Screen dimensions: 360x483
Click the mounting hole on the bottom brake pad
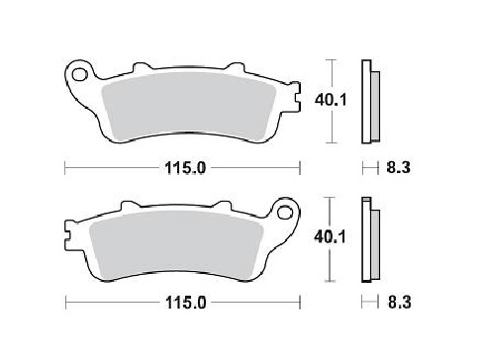point(286,212)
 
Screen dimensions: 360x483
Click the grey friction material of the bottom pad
point(178,247)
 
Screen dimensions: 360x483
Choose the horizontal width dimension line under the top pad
point(119,168)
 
